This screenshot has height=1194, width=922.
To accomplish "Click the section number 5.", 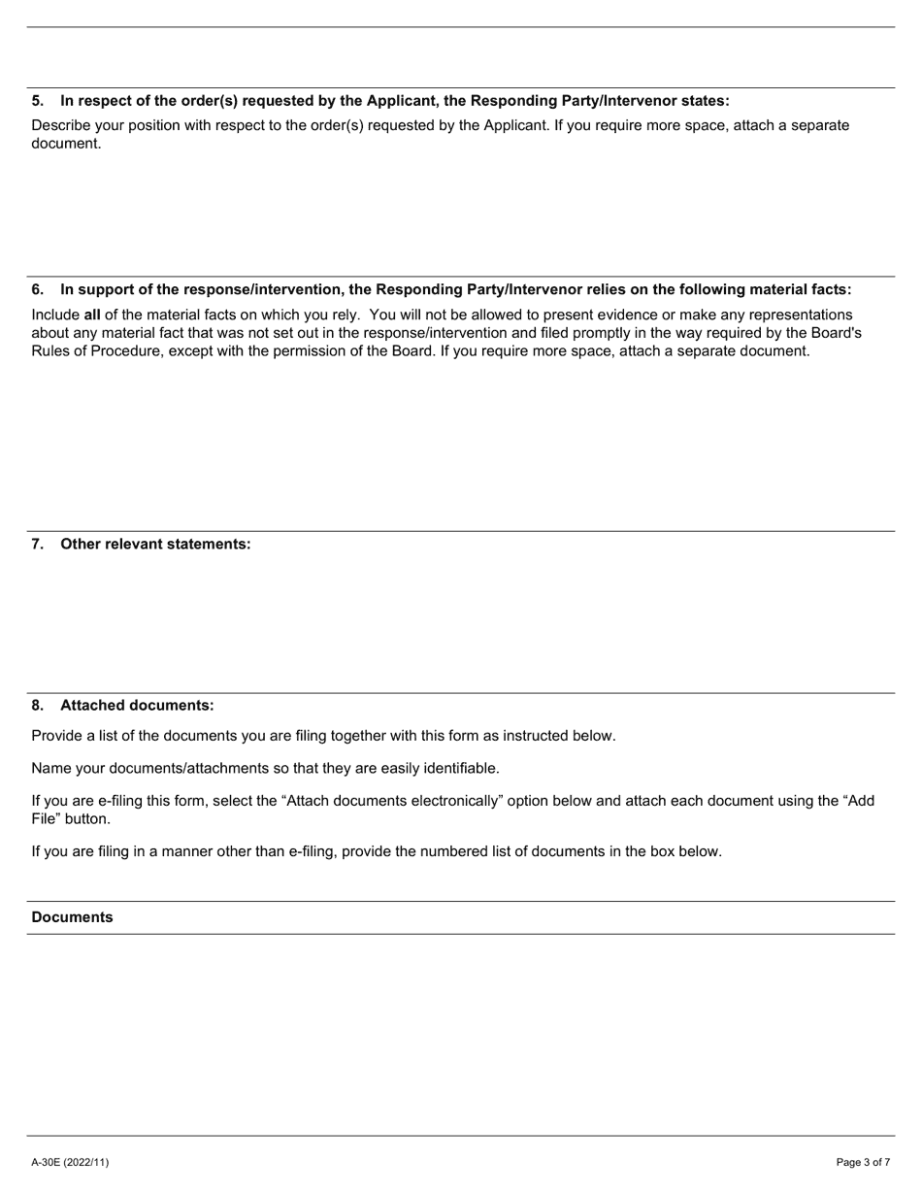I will click(x=37, y=101).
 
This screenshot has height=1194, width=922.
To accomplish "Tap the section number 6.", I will click(x=37, y=289).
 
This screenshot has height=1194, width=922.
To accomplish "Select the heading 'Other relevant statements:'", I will click(x=155, y=544).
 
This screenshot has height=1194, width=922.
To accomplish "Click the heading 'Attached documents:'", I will click(x=137, y=705).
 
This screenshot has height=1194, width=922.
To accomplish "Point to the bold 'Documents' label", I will click(x=72, y=917).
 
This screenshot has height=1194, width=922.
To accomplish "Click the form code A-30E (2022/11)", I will click(x=70, y=1162).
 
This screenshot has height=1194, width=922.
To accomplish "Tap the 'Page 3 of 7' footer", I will click(x=863, y=1162).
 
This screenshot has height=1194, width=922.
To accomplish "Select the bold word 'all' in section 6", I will click(x=92, y=315).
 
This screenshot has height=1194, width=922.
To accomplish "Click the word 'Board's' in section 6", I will click(x=835, y=333).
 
